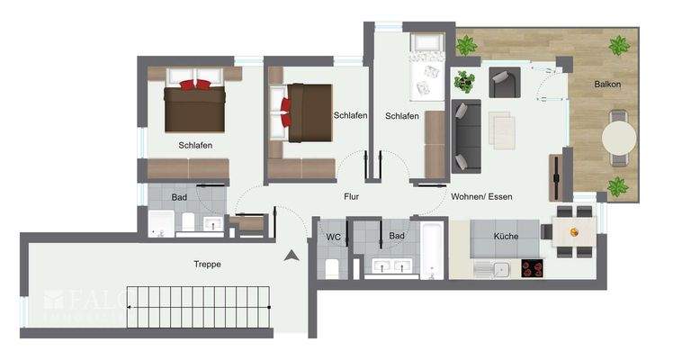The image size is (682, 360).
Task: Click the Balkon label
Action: pyautogui.click(x=607, y=84)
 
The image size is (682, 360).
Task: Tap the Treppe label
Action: pyautogui.click(x=207, y=264)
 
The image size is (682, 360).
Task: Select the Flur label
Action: pyautogui.click(x=351, y=195)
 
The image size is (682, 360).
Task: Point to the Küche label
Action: pyautogui.click(x=506, y=236)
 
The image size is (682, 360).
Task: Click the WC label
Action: pyautogui.click(x=332, y=236)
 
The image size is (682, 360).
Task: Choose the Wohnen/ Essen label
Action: pyautogui.click(x=481, y=195)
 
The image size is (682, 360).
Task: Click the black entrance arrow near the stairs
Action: pyautogui.click(x=292, y=256)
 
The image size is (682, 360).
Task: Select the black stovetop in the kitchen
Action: pyautogui.click(x=532, y=267)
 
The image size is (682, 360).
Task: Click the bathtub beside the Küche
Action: pyautogui.click(x=432, y=249)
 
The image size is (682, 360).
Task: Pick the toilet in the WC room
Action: pyautogui.click(x=332, y=266)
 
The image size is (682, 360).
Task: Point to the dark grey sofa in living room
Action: pyautogui.click(x=466, y=136)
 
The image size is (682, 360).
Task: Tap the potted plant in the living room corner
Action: pyautogui.click(x=464, y=82)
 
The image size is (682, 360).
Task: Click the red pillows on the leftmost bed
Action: pyautogui.click(x=195, y=85)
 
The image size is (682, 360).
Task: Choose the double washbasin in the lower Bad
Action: pyautogui.click(x=388, y=265)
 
